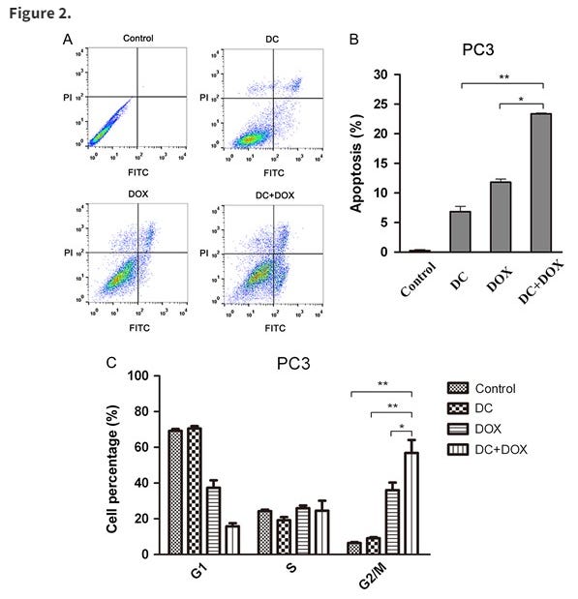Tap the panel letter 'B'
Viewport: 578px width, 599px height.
354,39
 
